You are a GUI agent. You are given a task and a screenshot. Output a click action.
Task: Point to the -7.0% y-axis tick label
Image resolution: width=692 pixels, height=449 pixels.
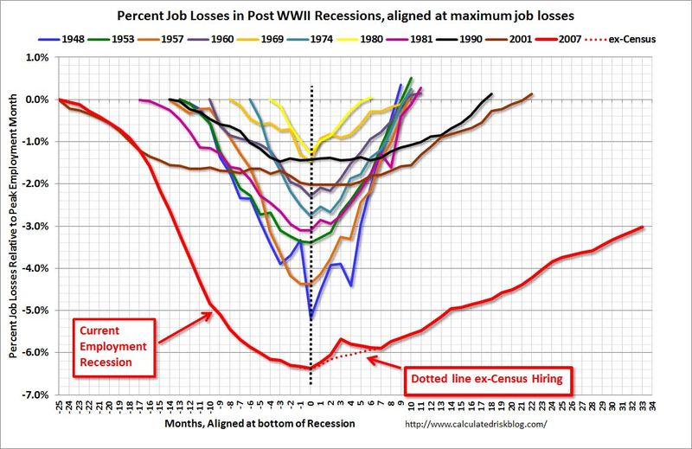[x=34, y=394]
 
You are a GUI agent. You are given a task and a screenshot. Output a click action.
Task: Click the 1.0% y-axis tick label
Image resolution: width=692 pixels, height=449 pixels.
[x=35, y=57]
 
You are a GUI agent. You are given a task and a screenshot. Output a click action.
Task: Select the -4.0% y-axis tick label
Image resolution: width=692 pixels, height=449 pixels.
[x=34, y=267]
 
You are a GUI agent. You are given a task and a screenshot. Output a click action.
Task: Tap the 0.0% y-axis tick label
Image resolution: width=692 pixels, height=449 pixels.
[x=35, y=99]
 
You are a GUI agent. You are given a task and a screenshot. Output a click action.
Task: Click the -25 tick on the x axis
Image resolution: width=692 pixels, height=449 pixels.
[x=59, y=407]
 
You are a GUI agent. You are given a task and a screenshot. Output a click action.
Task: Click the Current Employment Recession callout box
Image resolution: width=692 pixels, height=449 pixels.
[x=112, y=345]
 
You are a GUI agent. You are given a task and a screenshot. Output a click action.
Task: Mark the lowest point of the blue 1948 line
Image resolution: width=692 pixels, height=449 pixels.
[x=311, y=318]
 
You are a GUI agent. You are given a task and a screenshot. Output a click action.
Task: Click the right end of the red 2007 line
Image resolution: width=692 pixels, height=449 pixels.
[x=644, y=227]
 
